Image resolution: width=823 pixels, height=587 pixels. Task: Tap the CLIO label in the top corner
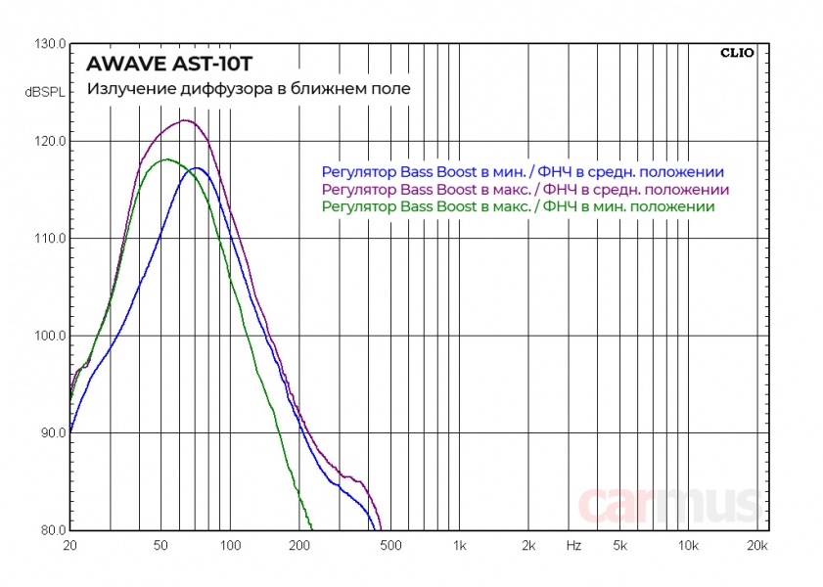pos(737,54)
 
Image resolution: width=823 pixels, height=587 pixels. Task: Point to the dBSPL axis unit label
pos(43,93)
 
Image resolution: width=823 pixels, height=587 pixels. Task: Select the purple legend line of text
pos(525,188)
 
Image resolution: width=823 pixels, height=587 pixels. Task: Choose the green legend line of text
pos(518,206)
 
